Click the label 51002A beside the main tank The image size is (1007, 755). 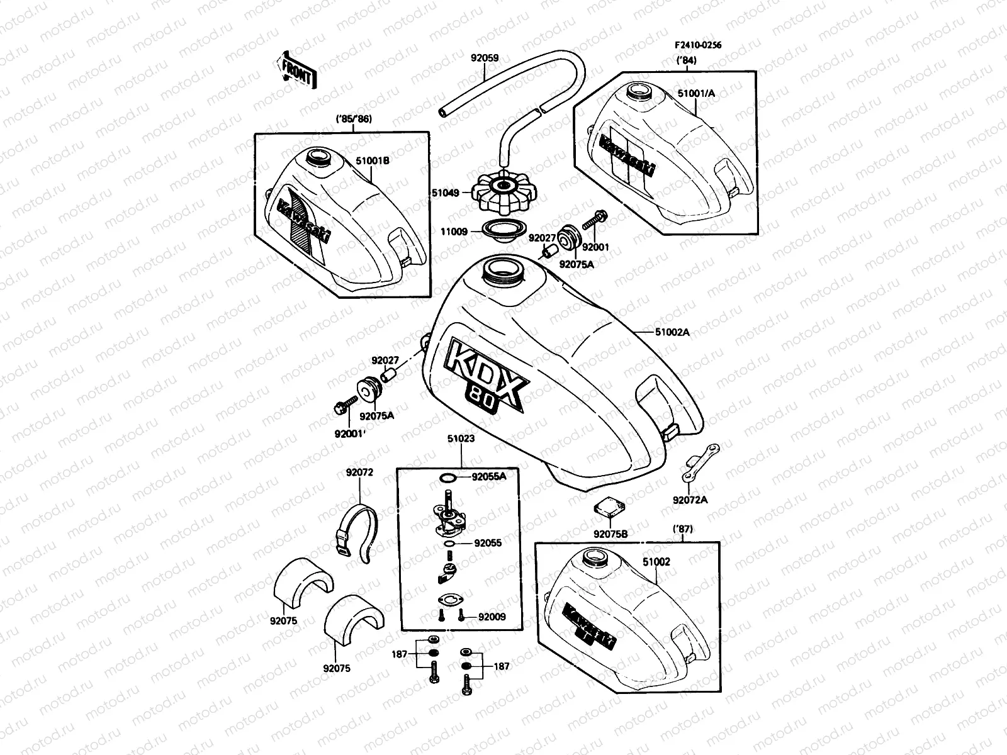click(x=672, y=332)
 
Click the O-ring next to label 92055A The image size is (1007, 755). click(x=446, y=478)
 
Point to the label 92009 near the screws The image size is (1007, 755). click(x=492, y=617)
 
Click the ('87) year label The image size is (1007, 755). click(x=683, y=530)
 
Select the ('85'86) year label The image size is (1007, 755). click(x=354, y=120)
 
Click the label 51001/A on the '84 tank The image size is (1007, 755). click(x=696, y=93)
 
